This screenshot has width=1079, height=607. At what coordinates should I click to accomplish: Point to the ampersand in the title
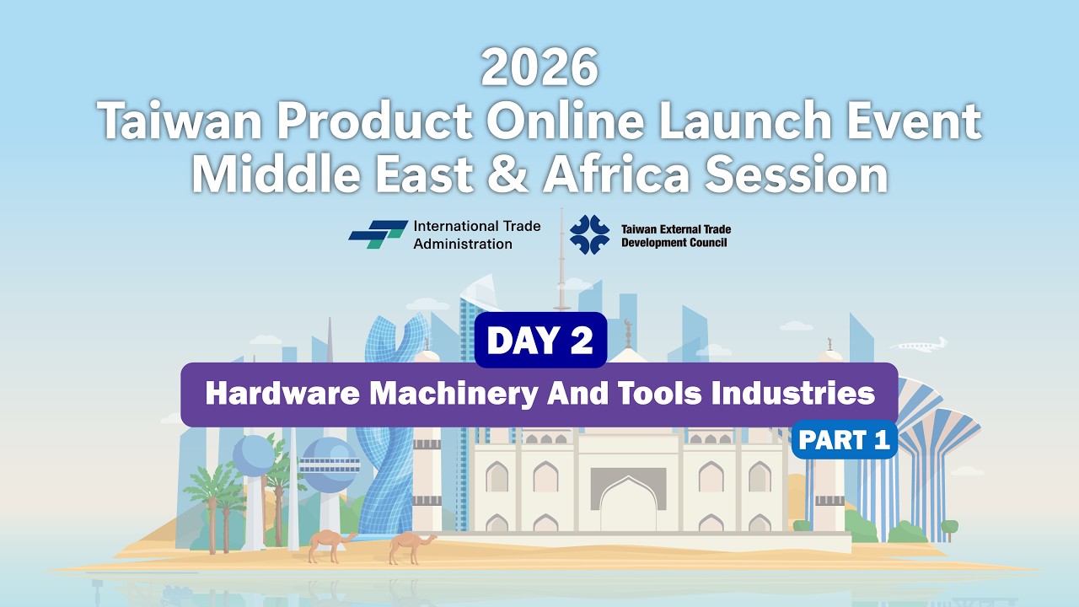510,175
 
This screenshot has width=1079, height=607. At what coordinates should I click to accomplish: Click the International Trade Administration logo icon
377,234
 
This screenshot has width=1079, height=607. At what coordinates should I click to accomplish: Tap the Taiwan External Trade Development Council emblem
589,234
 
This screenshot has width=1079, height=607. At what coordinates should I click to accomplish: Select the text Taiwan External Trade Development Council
675,235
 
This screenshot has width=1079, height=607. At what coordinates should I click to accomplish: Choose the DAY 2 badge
540,340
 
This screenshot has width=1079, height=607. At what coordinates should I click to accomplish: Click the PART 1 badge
844,440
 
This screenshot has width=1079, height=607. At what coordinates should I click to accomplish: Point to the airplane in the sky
919,345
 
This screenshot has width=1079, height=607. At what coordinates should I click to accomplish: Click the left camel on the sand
326,545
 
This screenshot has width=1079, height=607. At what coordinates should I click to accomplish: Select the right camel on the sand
411,545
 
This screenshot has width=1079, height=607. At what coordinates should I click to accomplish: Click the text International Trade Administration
476,235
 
